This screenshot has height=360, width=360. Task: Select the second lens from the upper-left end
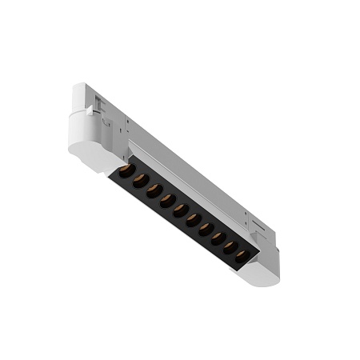point(138,180)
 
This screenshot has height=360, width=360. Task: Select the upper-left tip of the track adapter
point(81,86)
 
